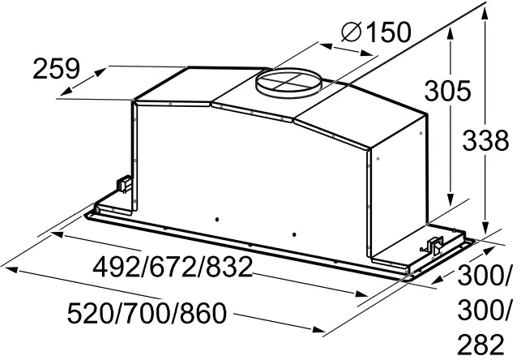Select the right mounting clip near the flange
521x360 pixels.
click(x=436, y=242)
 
